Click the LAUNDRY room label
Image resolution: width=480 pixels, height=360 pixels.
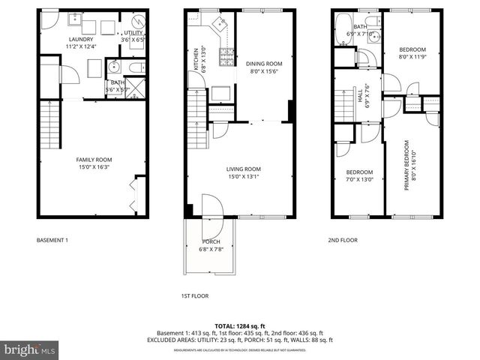[79, 39]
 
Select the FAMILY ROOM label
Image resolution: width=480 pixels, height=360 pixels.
[94, 160]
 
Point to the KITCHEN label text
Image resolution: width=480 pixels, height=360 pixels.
[196, 58]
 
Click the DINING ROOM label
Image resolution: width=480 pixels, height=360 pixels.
[264, 64]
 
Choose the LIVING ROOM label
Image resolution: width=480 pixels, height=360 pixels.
[244, 169]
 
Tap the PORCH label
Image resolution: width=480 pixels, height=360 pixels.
[211, 241]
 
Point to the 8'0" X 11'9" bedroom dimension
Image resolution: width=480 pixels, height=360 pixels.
[411, 55]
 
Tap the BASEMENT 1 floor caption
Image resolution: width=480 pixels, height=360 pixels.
[52, 240]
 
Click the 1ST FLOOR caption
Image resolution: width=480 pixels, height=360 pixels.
[195, 295]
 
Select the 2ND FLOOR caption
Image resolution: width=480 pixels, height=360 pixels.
[342, 240]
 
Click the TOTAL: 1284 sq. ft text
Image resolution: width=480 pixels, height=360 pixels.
[239, 325]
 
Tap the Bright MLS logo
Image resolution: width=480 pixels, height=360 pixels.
[30, 349]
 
